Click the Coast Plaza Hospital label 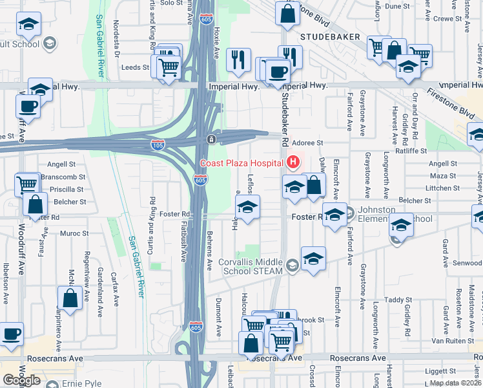[x=241, y=162]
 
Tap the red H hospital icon [x=293, y=162]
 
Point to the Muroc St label [x=76, y=233]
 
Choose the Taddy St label [x=398, y=299]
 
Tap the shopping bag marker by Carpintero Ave [x=70, y=299]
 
